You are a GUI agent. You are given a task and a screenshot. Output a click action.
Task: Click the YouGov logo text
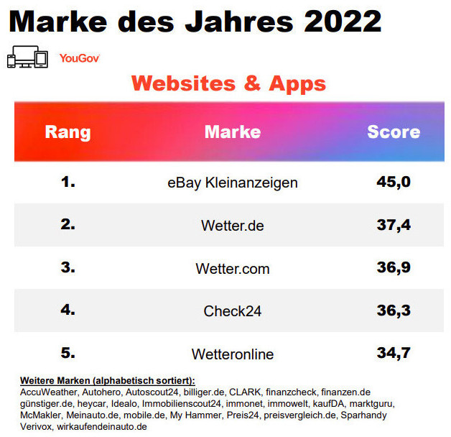79,58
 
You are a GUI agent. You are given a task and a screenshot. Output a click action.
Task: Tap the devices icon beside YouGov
27,57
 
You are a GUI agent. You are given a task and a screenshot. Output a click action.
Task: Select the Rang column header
68,132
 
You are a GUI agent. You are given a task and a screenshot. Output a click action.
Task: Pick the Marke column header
232,132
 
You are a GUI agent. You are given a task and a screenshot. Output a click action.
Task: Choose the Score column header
394,132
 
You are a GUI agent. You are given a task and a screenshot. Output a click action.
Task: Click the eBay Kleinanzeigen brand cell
232,183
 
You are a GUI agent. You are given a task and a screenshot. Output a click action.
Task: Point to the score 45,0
394,182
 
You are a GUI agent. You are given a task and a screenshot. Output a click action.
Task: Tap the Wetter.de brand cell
232,226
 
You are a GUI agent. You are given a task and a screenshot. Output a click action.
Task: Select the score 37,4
394,225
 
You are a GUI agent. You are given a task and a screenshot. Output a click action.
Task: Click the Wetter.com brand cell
232,269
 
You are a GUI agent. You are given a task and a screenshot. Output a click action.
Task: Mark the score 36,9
394,268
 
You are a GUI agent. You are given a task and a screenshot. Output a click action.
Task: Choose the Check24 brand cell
232,311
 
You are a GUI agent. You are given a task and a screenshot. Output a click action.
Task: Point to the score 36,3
394,310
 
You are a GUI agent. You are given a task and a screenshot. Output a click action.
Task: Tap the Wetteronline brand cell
232,354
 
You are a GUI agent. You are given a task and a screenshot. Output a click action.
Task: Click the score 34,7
394,354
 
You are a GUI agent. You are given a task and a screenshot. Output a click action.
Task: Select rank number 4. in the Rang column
68,310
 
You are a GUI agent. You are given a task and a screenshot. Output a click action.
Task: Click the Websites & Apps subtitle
228,83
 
